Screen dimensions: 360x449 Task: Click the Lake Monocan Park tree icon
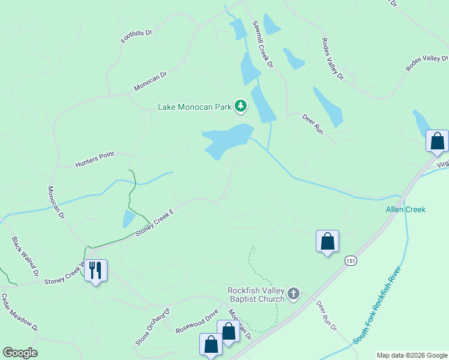click(241, 106)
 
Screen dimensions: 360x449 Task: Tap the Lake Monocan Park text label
click(194, 107)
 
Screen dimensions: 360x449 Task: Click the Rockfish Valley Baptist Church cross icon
click(294, 293)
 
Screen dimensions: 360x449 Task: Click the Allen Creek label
click(405, 209)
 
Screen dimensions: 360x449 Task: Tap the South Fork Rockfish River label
click(377, 305)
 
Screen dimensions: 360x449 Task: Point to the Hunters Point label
click(94, 159)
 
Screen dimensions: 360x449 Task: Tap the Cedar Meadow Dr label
click(19, 312)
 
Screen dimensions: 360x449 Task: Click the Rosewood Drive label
click(196, 322)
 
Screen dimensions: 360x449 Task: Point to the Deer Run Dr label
click(327, 316)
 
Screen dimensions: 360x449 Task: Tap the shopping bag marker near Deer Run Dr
click(327, 241)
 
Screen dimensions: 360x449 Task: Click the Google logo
click(20, 353)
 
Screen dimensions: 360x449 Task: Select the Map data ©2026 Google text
click(412, 355)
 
